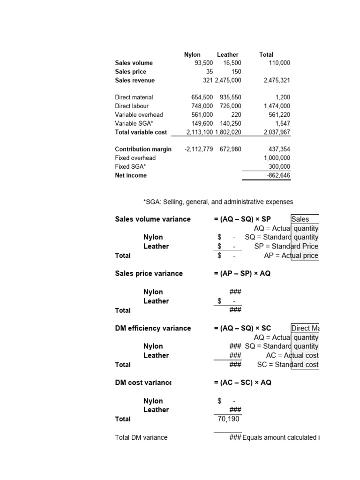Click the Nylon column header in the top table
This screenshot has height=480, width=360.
click(192, 54)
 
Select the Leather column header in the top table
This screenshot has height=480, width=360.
click(228, 54)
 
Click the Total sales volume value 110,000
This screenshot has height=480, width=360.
click(279, 63)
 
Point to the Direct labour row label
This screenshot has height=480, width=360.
click(132, 106)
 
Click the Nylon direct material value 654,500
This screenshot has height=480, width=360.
click(202, 97)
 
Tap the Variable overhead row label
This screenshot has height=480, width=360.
click(139, 115)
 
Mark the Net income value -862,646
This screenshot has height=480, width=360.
click(278, 175)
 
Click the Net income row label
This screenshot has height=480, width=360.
click(131, 175)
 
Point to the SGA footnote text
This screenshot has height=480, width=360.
click(218, 202)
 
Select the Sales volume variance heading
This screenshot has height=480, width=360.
click(153, 219)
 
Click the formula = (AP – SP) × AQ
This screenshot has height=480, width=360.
click(242, 273)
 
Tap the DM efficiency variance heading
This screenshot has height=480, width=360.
click(153, 328)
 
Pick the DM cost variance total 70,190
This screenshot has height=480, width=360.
click(228, 419)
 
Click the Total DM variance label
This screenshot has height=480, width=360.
click(141, 437)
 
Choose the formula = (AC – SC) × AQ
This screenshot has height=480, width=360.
click(242, 382)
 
